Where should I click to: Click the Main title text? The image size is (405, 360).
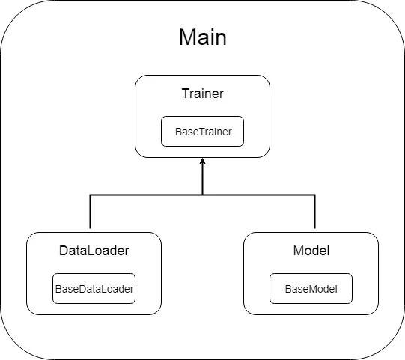(x=203, y=37)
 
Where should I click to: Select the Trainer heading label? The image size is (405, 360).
(x=203, y=94)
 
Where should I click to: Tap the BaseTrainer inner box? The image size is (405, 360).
(x=202, y=131)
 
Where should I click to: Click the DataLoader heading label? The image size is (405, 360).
(x=94, y=251)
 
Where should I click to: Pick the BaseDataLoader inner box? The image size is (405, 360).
(x=94, y=288)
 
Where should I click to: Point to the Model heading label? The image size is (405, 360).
(x=311, y=251)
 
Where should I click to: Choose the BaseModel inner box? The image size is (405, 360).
(x=311, y=288)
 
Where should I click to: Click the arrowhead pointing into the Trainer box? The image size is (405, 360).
(x=202, y=161)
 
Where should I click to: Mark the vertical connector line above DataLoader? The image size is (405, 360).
(x=90, y=212)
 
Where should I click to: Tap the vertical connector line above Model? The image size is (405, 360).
(x=315, y=212)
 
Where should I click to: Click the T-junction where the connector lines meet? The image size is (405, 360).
(x=202, y=195)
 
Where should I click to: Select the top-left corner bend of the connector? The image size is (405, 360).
(x=90, y=195)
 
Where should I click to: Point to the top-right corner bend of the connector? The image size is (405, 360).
(x=315, y=195)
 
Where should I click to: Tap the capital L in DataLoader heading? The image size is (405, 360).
(x=91, y=251)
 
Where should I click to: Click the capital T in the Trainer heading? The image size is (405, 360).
(x=186, y=94)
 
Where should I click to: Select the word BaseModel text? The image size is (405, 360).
(x=311, y=289)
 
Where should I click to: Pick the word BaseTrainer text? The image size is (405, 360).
(x=204, y=132)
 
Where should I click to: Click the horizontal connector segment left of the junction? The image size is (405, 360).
(x=146, y=195)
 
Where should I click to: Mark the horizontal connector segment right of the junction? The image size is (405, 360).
(x=258, y=195)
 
